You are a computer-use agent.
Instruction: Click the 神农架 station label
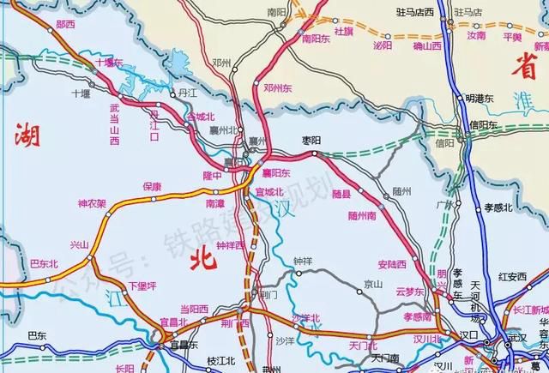tap(92, 204)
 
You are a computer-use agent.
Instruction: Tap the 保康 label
tap(152, 186)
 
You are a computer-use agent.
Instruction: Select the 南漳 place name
tap(214, 203)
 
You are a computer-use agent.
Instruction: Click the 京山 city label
tap(372, 283)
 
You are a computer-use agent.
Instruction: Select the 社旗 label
tap(343, 31)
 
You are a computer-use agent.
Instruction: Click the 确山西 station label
tap(426, 45)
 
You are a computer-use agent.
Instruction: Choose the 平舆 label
tap(512, 38)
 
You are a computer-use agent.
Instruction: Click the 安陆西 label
tap(391, 265)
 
